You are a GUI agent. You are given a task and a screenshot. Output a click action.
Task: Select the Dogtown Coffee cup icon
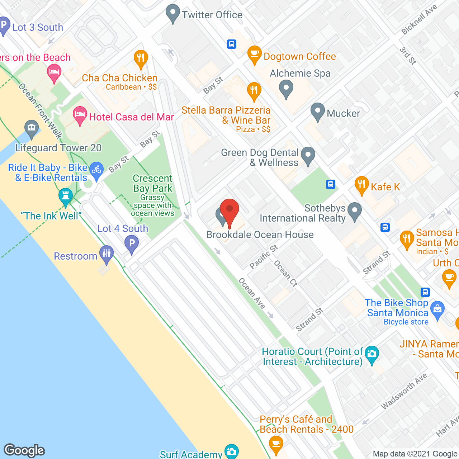[x=254, y=55]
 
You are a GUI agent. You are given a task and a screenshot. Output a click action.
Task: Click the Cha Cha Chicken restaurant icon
[x=141, y=58]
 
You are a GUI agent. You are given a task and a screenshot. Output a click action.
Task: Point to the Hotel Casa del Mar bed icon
[x=80, y=115]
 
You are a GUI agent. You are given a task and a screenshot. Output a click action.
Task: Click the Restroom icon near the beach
[x=107, y=254]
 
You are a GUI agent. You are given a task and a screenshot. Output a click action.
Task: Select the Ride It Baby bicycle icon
[x=96, y=169]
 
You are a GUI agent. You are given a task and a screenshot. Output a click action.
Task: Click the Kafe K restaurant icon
[x=361, y=185]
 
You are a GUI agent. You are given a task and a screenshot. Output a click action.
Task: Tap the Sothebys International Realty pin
[x=355, y=211]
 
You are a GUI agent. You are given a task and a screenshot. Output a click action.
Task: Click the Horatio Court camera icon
[x=372, y=354]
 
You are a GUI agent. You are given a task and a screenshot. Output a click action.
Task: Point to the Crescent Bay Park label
[x=153, y=183]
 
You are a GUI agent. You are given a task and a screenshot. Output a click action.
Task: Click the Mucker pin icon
[x=317, y=112]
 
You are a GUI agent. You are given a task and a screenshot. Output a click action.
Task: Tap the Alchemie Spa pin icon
[x=286, y=88]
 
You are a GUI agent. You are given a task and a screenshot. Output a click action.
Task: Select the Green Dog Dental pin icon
[x=308, y=156]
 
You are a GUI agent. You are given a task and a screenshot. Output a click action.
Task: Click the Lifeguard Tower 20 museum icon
[x=32, y=128]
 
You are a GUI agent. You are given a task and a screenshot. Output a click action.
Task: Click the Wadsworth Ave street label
[x=404, y=391]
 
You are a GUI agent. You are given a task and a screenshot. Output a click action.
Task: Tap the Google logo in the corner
[x=24, y=450]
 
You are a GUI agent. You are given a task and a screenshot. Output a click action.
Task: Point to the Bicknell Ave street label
[x=419, y=20]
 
